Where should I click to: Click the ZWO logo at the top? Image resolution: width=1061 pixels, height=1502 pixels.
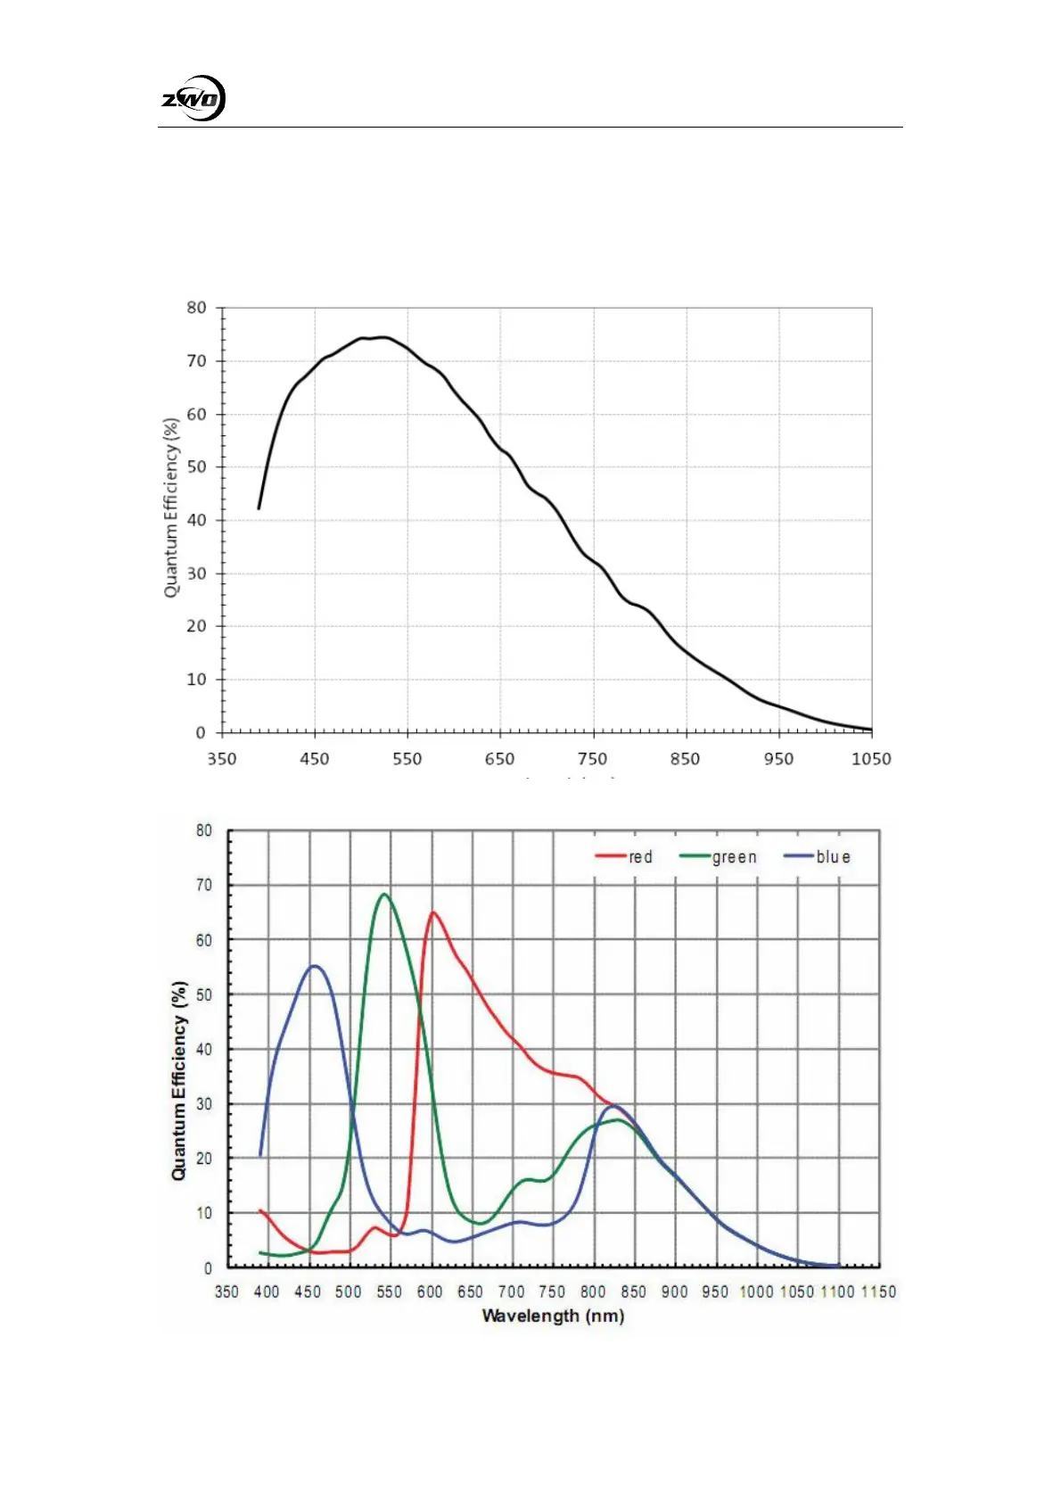(193, 98)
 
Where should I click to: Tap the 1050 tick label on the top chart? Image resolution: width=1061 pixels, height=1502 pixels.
(870, 759)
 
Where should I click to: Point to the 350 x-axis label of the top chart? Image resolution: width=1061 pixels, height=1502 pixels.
(222, 759)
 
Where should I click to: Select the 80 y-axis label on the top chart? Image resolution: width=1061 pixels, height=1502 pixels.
(196, 308)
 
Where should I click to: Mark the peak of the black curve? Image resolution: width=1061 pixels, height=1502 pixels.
(382, 337)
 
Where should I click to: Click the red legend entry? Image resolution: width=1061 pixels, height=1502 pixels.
(625, 857)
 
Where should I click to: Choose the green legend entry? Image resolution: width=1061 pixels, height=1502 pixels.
(719, 857)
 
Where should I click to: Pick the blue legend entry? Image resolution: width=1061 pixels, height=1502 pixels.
(818, 857)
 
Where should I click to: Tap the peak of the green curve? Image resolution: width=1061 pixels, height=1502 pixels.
(384, 894)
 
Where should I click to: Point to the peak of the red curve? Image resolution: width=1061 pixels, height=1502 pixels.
(433, 912)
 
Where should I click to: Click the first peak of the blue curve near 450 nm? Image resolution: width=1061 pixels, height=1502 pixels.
(314, 966)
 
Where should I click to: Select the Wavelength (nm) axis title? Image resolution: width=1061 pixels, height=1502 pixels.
(553, 1316)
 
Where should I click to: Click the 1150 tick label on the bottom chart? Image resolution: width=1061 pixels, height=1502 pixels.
(878, 1292)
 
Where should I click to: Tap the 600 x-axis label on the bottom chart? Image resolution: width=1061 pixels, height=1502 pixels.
(430, 1292)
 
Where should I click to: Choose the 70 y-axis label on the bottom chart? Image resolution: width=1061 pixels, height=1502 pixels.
(204, 885)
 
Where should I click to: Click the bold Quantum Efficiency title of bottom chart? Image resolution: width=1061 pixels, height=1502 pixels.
(179, 1081)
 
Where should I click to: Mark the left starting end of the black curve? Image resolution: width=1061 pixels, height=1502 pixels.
(259, 508)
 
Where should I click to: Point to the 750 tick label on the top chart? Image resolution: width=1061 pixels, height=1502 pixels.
(592, 759)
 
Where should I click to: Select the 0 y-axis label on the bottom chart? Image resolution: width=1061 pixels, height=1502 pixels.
(209, 1267)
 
